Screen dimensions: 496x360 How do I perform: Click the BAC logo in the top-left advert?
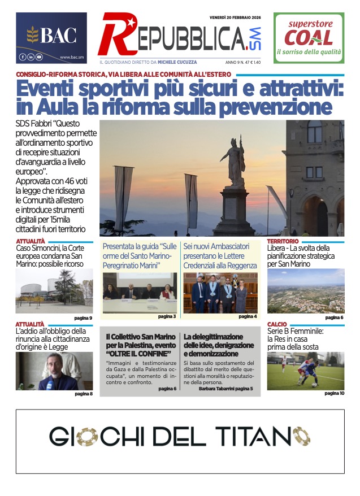(x=51, y=36)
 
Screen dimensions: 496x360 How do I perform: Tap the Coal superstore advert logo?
(x=309, y=38)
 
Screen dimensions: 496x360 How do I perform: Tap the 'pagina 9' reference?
(x=83, y=318)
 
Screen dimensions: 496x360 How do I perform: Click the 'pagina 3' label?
(x=167, y=316)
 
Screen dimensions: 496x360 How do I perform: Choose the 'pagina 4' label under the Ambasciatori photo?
(x=248, y=316)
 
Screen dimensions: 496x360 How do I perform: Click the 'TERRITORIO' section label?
(x=283, y=241)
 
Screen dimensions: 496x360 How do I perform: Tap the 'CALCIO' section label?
(x=277, y=324)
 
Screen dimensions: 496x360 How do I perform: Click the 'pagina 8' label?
(x=83, y=394)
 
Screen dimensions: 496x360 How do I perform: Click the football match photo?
(x=305, y=371)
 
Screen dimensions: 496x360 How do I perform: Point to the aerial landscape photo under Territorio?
(x=305, y=290)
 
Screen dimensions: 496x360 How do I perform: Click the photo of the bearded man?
(x=54, y=371)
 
